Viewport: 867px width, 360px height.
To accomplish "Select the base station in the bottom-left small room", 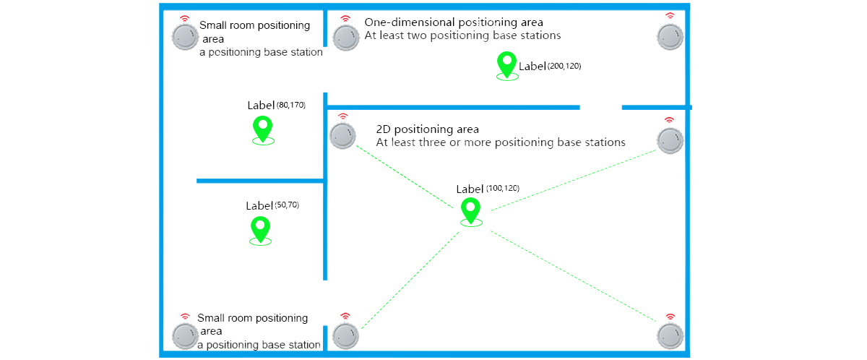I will pyautogui.click(x=184, y=336).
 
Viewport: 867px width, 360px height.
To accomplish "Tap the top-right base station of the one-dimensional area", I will pyautogui.click(x=669, y=36).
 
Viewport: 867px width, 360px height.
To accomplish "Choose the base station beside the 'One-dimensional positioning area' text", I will pyautogui.click(x=345, y=37).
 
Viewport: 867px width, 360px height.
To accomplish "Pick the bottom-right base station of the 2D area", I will pyautogui.click(x=669, y=335).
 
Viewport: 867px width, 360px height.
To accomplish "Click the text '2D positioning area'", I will pyautogui.click(x=428, y=129).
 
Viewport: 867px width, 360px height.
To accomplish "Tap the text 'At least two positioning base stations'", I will pyautogui.click(x=462, y=35).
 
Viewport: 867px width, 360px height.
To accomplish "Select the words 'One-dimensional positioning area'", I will pyautogui.click(x=454, y=22).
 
